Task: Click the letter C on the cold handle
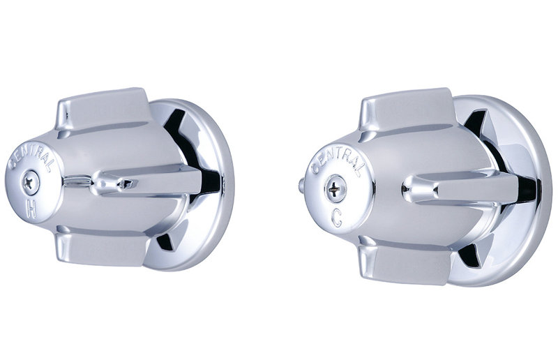[336, 218]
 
